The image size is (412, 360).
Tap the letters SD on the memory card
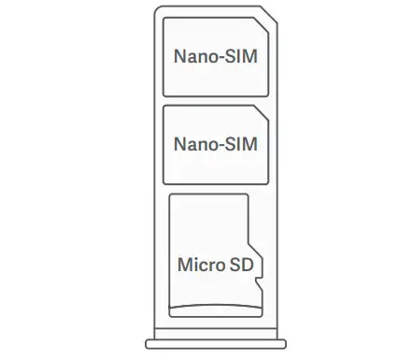point(241,265)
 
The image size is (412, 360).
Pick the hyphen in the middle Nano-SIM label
point(219,146)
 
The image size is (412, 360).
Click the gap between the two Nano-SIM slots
point(215,100)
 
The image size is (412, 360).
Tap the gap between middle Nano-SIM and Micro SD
point(215,188)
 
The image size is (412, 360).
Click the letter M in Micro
point(184,265)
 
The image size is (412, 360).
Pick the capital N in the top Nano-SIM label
point(179,57)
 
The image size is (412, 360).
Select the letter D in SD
point(247,265)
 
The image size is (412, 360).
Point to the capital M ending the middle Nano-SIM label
point(249,145)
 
